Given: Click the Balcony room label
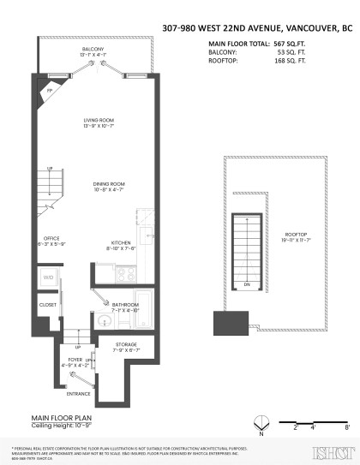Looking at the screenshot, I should (x=93, y=50).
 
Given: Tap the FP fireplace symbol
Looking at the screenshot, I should (x=51, y=88).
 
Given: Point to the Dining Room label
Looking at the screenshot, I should (x=110, y=184).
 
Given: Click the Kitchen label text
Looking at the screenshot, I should (x=120, y=242).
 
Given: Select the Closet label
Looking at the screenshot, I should (x=47, y=304).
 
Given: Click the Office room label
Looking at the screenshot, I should (x=51, y=239).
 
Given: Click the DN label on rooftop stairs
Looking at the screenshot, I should (x=247, y=284).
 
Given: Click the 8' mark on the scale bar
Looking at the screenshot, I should (x=345, y=425).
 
